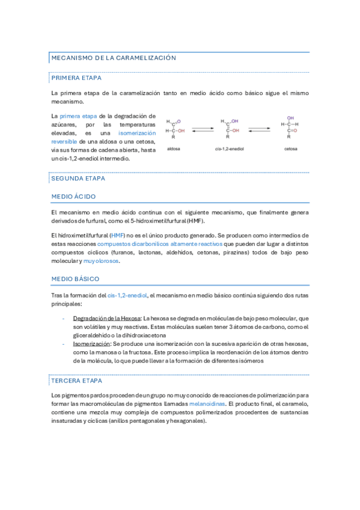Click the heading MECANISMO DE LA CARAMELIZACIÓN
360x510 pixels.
click(x=114, y=58)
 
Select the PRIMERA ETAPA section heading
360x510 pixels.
click(x=76, y=78)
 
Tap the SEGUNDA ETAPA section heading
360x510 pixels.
click(x=78, y=179)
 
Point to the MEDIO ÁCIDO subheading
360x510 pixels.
click(x=73, y=197)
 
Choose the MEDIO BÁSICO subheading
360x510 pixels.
click(x=75, y=279)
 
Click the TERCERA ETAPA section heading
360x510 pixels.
click(x=76, y=381)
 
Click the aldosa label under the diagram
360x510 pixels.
click(x=174, y=148)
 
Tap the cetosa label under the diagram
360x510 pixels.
click(x=291, y=148)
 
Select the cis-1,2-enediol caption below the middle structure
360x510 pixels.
click(x=230, y=148)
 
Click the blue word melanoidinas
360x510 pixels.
click(x=207, y=404)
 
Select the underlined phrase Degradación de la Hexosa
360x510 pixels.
click(x=106, y=318)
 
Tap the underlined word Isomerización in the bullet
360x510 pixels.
click(x=91, y=343)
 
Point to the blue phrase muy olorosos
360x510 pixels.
click(x=102, y=261)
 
